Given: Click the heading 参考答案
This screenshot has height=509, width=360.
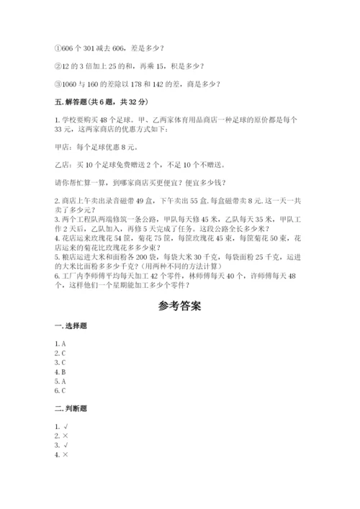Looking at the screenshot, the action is (x=179, y=305).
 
